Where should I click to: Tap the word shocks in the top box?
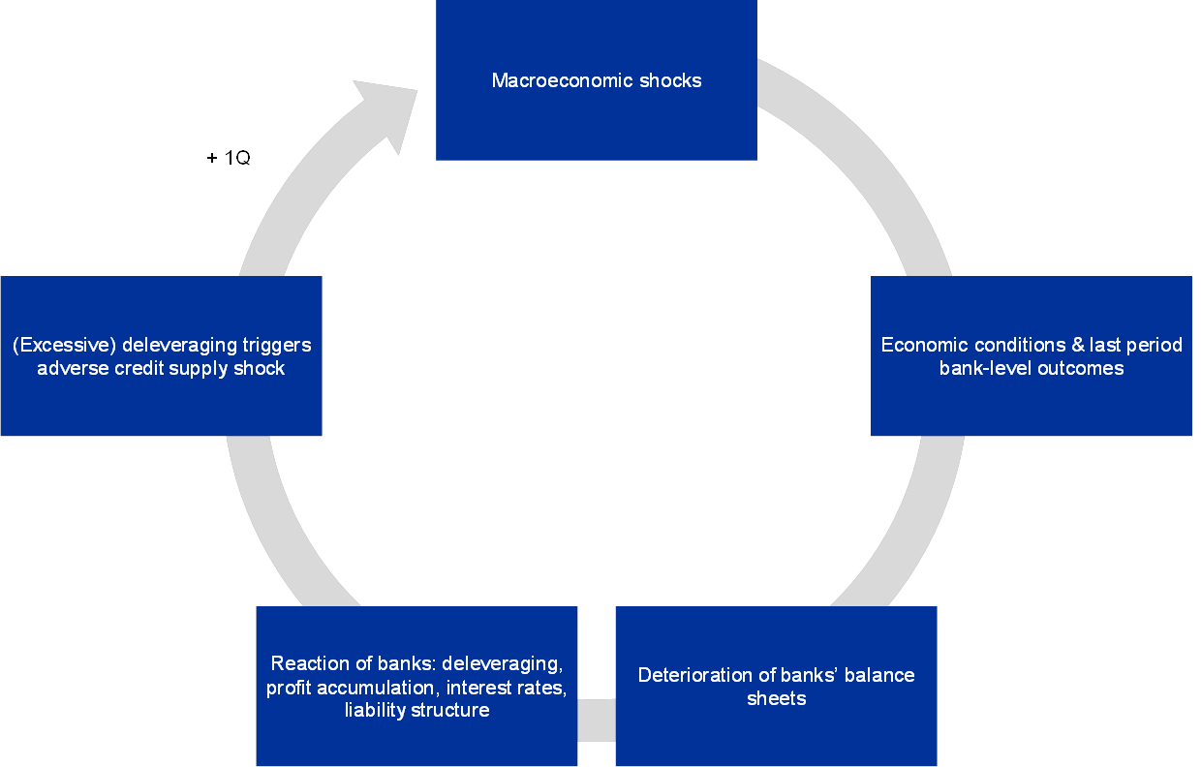(670, 80)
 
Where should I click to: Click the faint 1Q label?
(238, 158)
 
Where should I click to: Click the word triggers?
(278, 345)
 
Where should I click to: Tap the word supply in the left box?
(198, 368)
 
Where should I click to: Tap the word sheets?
(776, 698)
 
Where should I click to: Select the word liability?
(377, 710)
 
